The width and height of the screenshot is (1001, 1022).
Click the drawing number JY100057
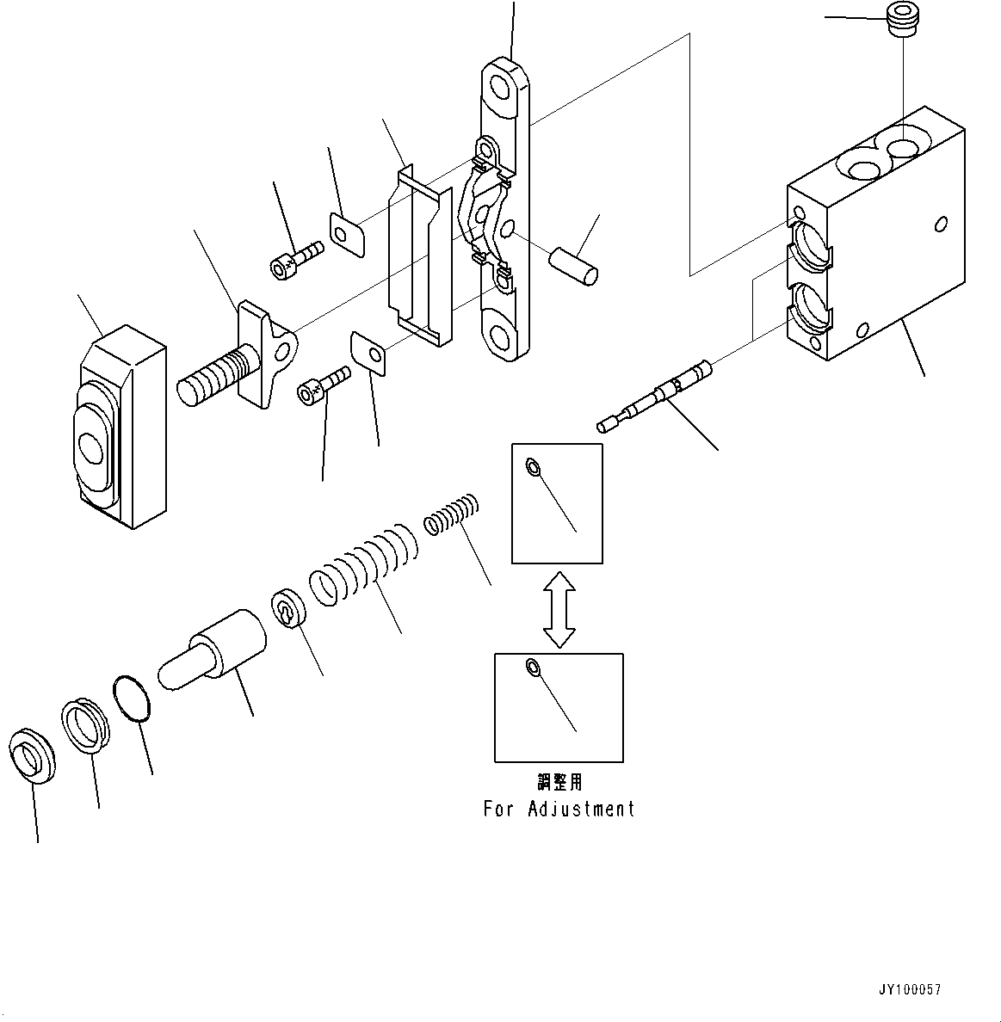point(910,989)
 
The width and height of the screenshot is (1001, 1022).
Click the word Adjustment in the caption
point(581,809)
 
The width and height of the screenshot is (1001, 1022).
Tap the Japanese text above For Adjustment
point(559,781)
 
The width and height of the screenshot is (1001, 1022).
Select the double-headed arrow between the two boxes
point(559,610)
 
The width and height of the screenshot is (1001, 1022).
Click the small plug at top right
point(903,20)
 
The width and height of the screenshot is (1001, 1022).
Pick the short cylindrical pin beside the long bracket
point(573,266)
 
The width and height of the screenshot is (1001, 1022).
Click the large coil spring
point(362,563)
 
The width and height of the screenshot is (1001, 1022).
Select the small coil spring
point(451,514)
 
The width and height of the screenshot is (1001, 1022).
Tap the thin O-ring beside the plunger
point(132,699)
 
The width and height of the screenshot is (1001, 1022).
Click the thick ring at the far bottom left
point(32,756)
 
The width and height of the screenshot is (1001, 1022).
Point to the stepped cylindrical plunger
point(213,649)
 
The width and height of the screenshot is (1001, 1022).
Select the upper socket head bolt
point(297,260)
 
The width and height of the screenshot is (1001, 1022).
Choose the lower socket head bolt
point(324,385)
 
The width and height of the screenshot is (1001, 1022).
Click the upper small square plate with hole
point(348,235)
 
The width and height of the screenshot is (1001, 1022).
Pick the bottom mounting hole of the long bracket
point(500,336)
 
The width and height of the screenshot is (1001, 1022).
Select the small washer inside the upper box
point(533,466)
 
